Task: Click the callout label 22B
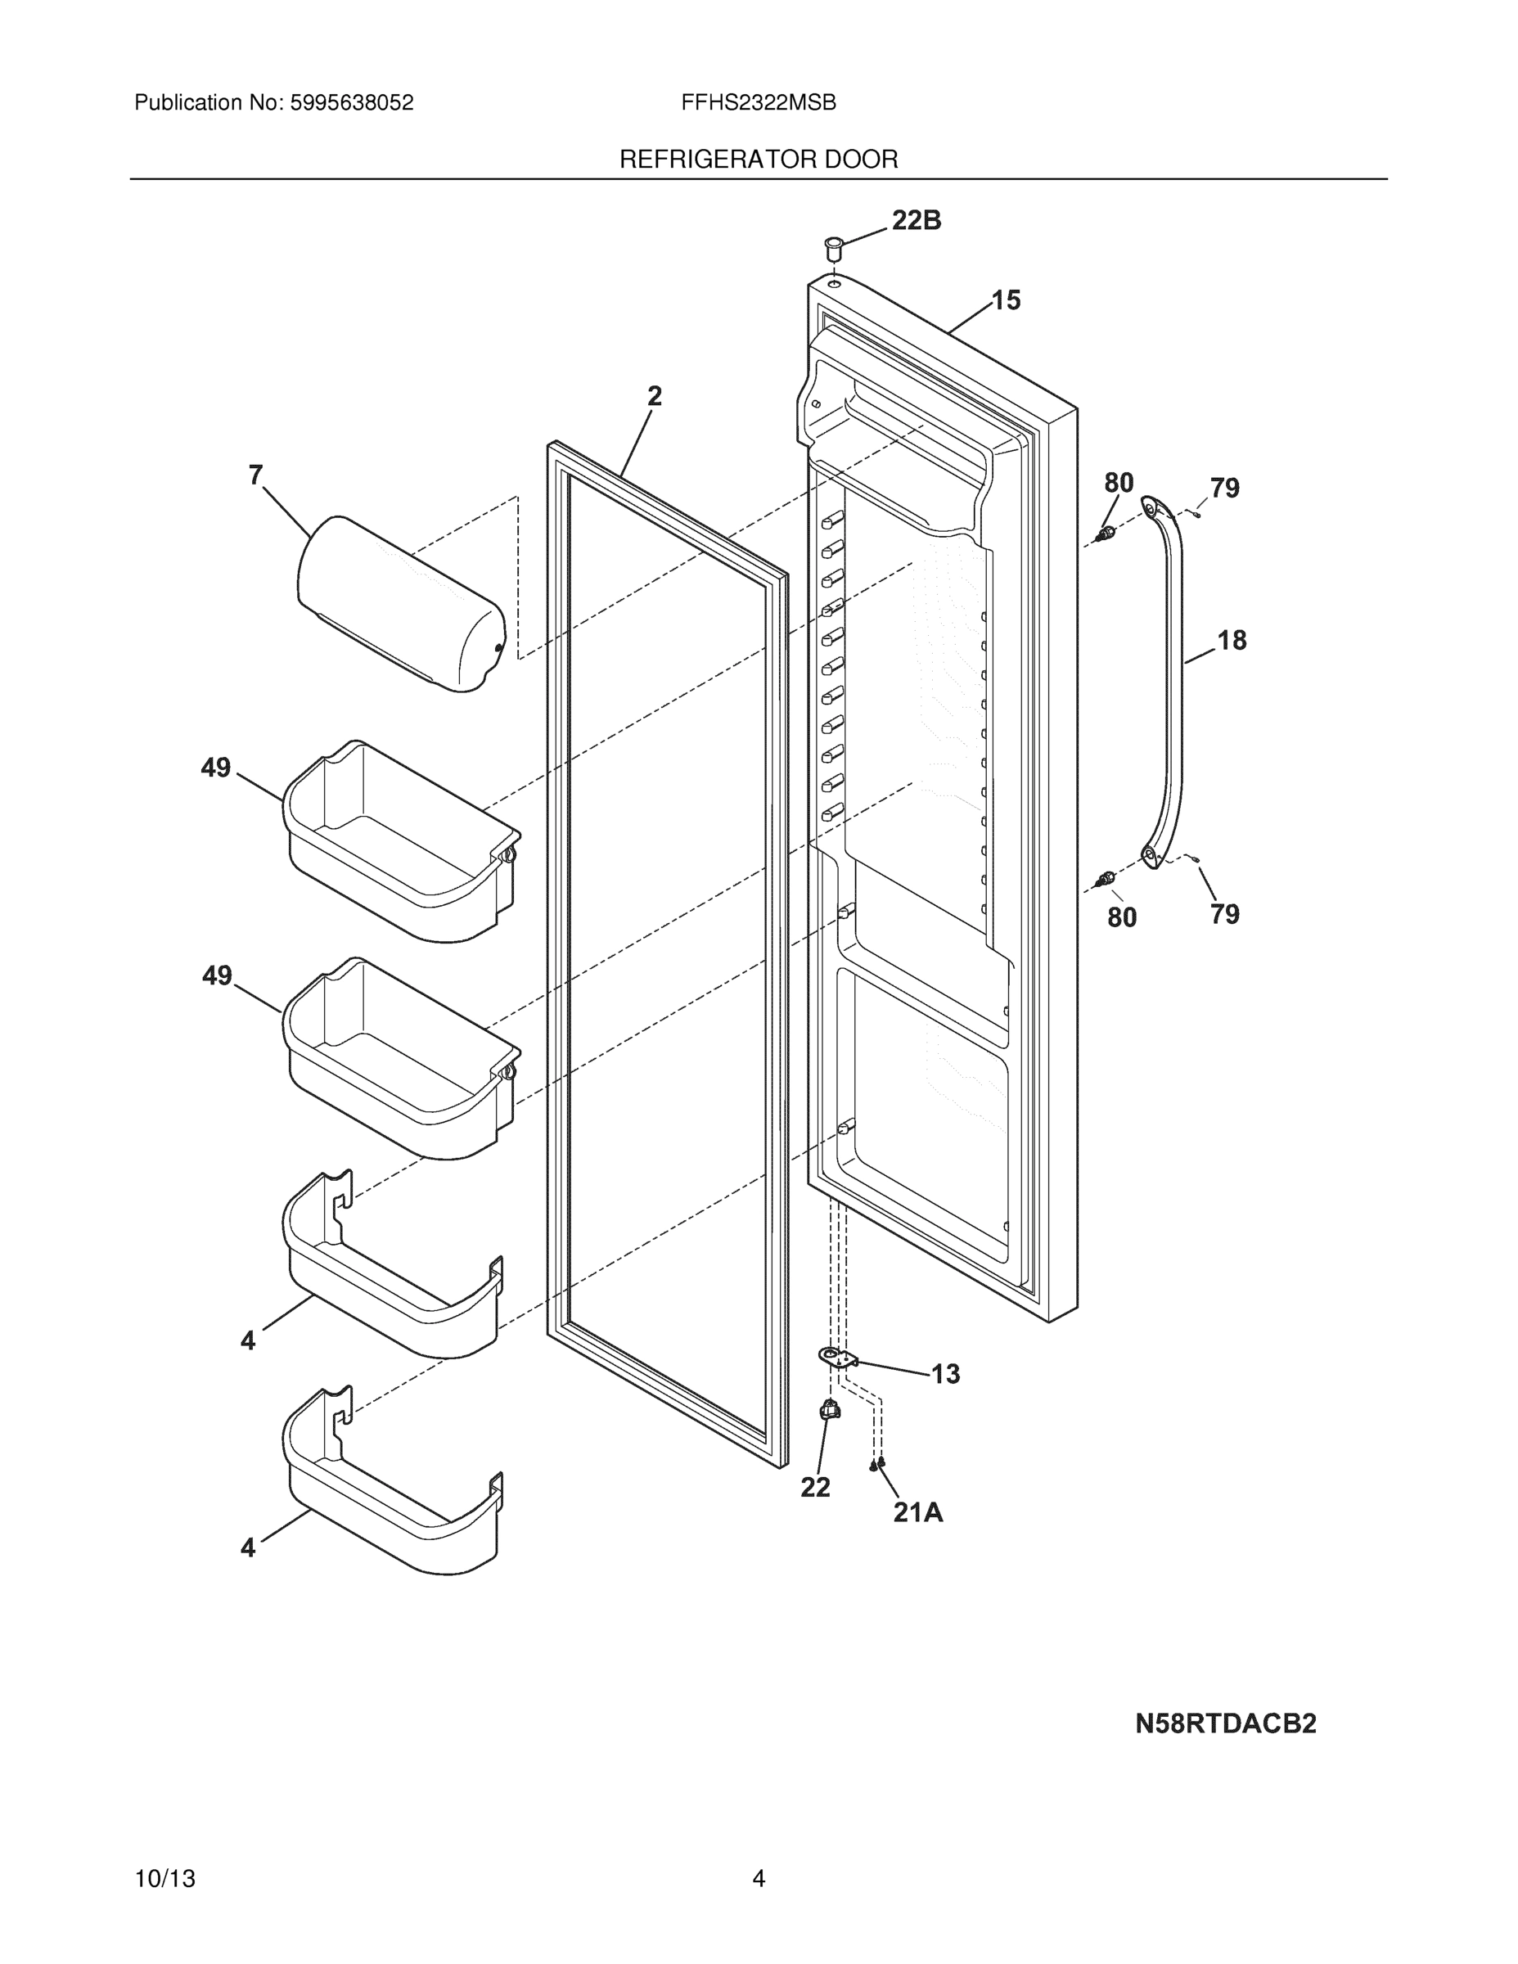(916, 220)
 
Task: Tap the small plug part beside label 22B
(833, 246)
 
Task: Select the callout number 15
(1006, 300)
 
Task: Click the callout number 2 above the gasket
(654, 396)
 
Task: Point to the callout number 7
(256, 475)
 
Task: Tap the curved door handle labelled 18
(1171, 683)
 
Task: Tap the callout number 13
(944, 1374)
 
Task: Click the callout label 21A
(917, 1513)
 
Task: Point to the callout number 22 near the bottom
(815, 1489)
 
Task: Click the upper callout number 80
(1118, 483)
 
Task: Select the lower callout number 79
(1224, 915)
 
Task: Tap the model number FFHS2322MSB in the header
(758, 103)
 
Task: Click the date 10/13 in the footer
(164, 1879)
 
